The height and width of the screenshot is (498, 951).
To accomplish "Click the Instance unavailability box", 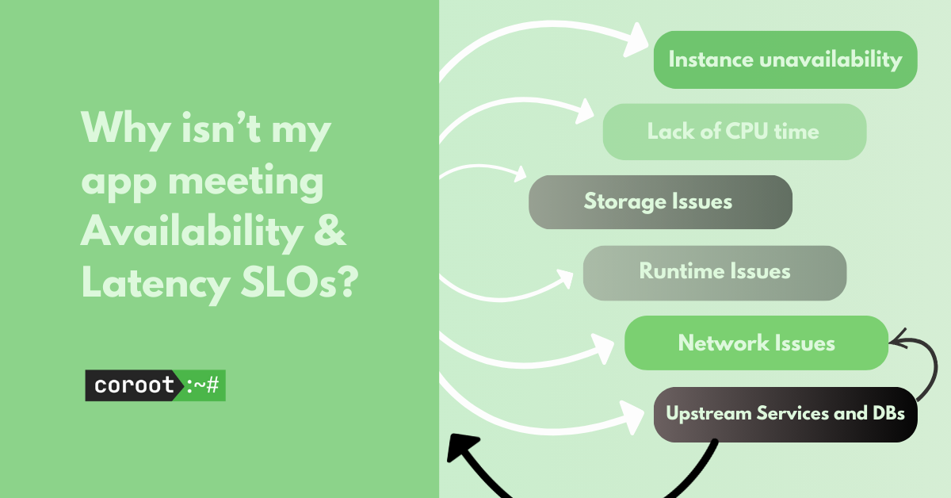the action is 785,59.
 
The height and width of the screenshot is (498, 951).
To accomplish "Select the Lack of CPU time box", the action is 735,132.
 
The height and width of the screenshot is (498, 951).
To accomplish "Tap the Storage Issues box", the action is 660,202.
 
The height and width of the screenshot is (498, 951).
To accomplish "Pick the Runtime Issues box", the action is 715,273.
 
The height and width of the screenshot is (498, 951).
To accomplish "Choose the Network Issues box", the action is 756,343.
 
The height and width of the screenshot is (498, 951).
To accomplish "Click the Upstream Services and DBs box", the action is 785,414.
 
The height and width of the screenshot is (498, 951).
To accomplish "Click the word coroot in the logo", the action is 134,385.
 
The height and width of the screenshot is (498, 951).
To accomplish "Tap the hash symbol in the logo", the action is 212,385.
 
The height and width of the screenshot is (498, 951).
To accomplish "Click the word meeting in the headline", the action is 246,182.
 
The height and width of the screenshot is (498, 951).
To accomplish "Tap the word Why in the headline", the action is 126,128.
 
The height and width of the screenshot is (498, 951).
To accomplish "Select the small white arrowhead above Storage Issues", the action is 520,174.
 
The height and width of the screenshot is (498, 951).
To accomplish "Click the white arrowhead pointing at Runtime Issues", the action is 565,278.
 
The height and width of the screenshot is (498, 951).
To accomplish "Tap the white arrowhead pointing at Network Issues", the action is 603,348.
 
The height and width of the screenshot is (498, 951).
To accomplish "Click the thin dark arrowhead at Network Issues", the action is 898,339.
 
